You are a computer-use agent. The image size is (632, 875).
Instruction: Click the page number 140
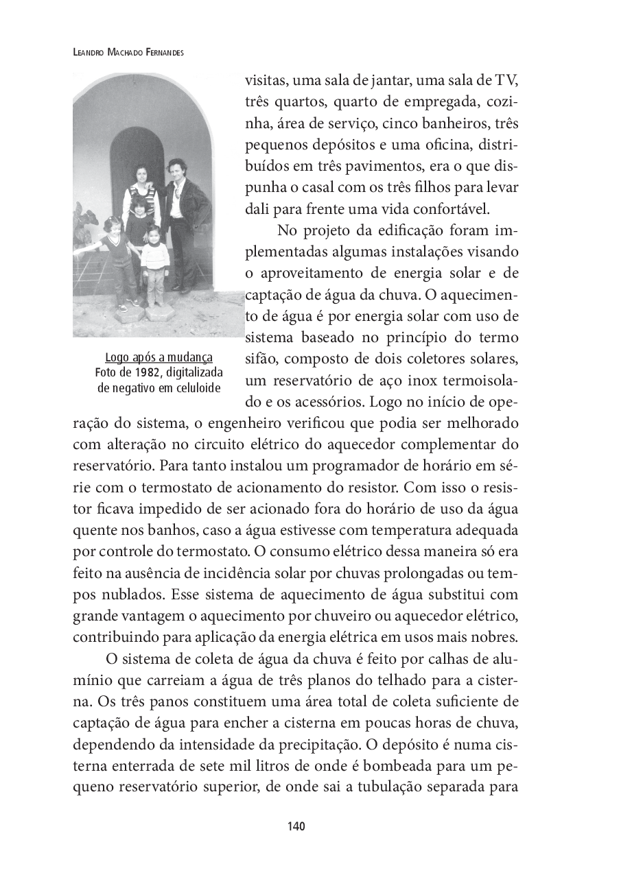296,826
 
